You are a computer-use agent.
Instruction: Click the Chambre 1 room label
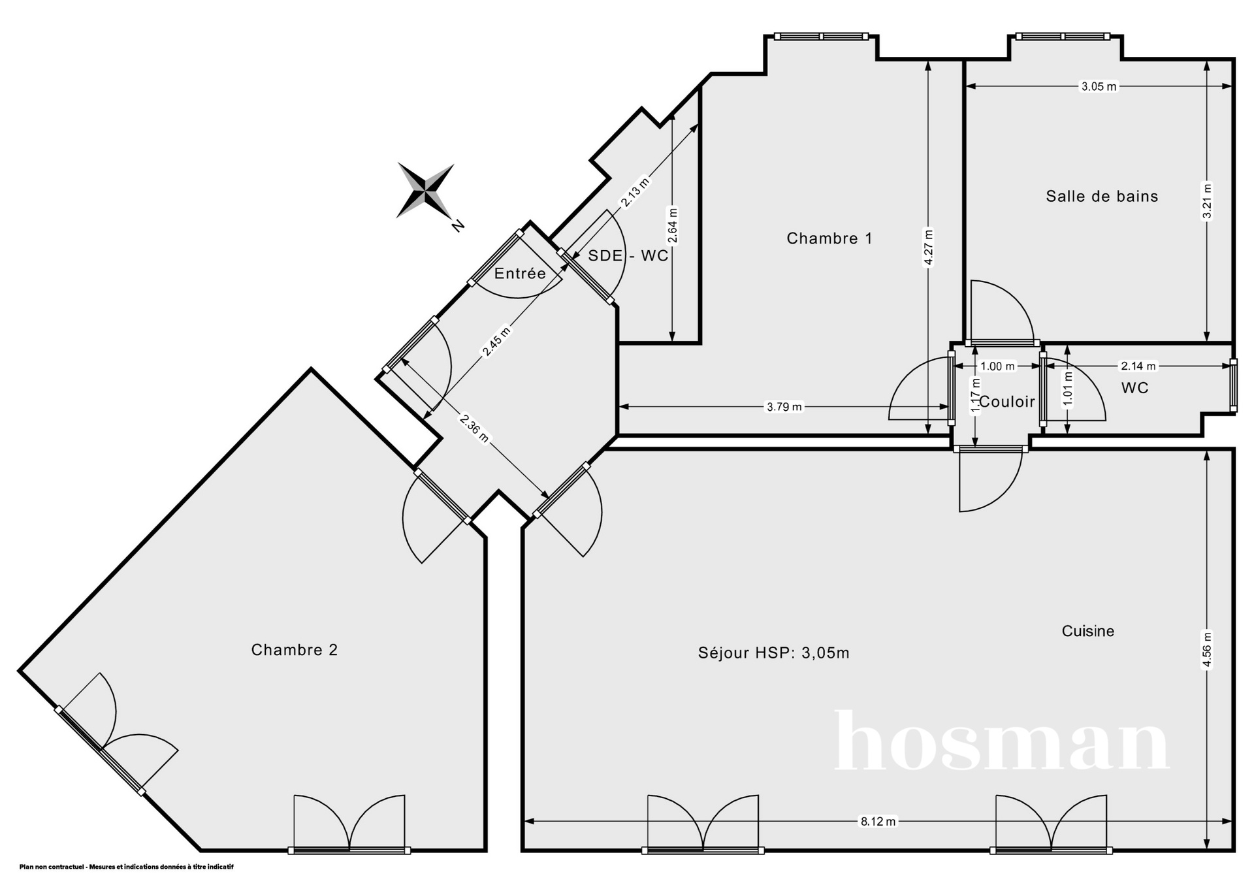pos(829,238)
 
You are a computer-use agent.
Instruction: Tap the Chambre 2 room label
pos(295,650)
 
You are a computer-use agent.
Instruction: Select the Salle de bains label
pos(1102,196)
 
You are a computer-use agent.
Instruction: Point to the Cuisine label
pos(1087,631)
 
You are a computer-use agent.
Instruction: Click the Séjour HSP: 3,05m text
pos(773,653)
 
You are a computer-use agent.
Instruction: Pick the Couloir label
pos(1007,402)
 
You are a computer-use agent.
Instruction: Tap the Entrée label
pos(520,273)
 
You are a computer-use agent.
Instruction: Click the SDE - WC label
pos(628,255)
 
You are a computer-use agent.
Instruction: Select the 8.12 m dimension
pos(878,821)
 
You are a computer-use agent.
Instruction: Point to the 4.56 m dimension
pos(1207,650)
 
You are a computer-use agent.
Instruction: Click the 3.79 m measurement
pos(784,407)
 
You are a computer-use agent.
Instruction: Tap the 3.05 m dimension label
pos(1099,86)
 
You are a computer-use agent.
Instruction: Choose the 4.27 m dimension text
pos(928,248)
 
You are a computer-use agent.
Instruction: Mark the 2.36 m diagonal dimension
pos(474,428)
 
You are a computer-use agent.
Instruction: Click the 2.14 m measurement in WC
pos(1138,366)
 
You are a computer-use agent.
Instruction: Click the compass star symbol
pos(425,191)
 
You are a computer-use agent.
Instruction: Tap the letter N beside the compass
pos(458,225)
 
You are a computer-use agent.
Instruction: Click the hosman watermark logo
pos(1002,741)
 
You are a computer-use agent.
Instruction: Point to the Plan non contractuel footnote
pos(126,867)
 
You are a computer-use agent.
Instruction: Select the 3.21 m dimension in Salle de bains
pos(1207,201)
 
